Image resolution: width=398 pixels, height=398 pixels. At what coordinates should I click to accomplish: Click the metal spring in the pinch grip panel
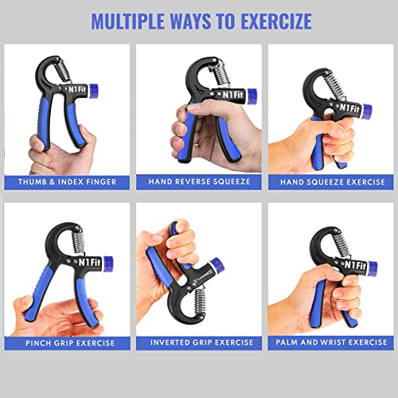(66, 240)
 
